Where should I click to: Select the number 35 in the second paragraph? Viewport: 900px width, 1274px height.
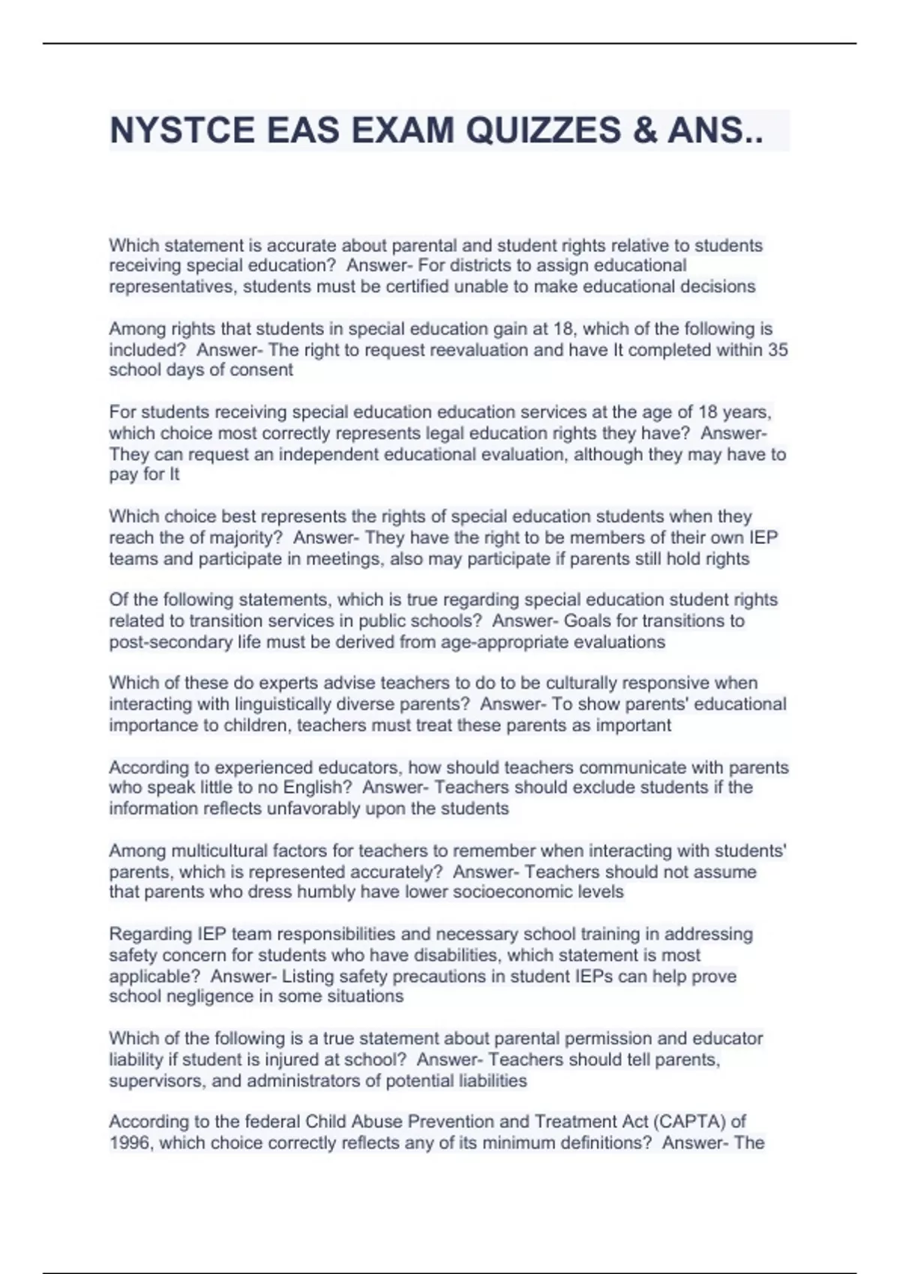778,350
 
